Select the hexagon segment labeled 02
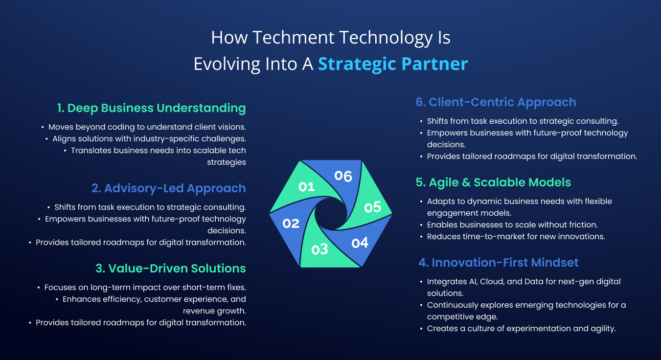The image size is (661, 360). tap(291, 224)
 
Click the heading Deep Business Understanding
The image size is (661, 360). tap(151, 108)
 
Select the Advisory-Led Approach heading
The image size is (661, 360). tap(169, 188)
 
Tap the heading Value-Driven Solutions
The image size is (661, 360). tap(171, 269)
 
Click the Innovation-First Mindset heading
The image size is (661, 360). tap(499, 262)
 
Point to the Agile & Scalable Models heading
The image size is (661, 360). tap(493, 182)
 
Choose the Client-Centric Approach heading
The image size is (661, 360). tap(496, 102)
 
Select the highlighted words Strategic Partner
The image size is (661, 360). tap(393, 64)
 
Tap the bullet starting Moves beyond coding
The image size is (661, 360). tap(147, 127)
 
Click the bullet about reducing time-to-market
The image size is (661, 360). tap(516, 237)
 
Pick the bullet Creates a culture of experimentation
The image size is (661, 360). tap(521, 329)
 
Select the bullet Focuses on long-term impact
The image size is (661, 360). tap(145, 288)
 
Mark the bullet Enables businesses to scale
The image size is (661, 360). tap(512, 225)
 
